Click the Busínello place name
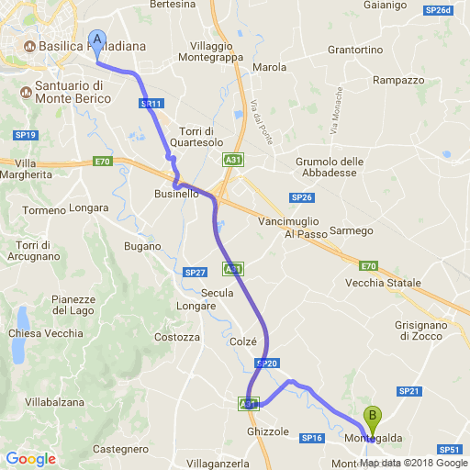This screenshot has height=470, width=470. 175,194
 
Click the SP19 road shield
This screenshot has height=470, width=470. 25,135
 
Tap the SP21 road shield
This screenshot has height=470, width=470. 408,392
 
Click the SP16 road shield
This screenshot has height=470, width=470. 312,439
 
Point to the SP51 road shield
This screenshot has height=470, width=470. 449,450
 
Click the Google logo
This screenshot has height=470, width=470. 30,459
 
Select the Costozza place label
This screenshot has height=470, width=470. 177,337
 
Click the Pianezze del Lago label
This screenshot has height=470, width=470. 73,305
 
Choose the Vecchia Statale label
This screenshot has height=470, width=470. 383,283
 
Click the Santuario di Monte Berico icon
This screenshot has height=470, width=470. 24,91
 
